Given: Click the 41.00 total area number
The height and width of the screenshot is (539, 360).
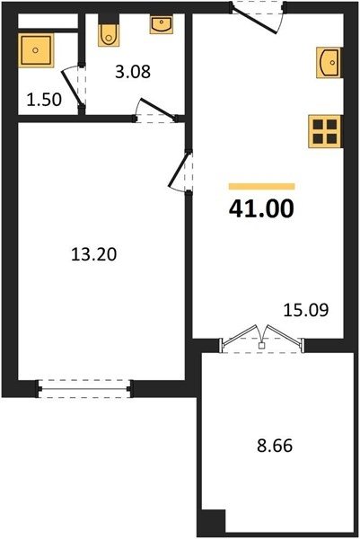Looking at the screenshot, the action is point(261,209).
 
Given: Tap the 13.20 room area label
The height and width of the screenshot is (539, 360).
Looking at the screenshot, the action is point(93,255).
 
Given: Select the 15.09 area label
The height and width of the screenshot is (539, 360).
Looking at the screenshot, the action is point(306,310).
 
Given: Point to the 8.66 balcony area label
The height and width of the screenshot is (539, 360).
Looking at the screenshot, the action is point(275,446).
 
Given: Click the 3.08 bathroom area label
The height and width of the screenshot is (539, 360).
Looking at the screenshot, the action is point(133,72).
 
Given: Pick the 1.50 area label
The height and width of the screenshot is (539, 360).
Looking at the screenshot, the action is point(44,100).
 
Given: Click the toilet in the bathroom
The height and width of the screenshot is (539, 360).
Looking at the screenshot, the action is point(110,34).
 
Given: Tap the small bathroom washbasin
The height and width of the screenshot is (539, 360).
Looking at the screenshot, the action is point(162,25).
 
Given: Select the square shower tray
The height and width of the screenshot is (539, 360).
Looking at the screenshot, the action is point(36,50).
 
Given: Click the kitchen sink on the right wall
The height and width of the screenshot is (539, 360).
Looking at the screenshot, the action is point(329,63).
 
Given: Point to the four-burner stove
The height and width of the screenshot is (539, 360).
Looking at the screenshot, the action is point(325,132).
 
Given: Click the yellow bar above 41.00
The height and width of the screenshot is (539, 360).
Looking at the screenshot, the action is point(262,186).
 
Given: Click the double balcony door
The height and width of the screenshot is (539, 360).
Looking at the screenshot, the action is point(262,340).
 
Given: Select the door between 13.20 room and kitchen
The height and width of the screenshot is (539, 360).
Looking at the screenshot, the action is point(181,172).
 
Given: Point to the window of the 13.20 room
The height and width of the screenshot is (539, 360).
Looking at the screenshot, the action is point(84,389).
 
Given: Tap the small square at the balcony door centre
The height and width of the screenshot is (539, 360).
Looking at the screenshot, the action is point(262,346).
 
